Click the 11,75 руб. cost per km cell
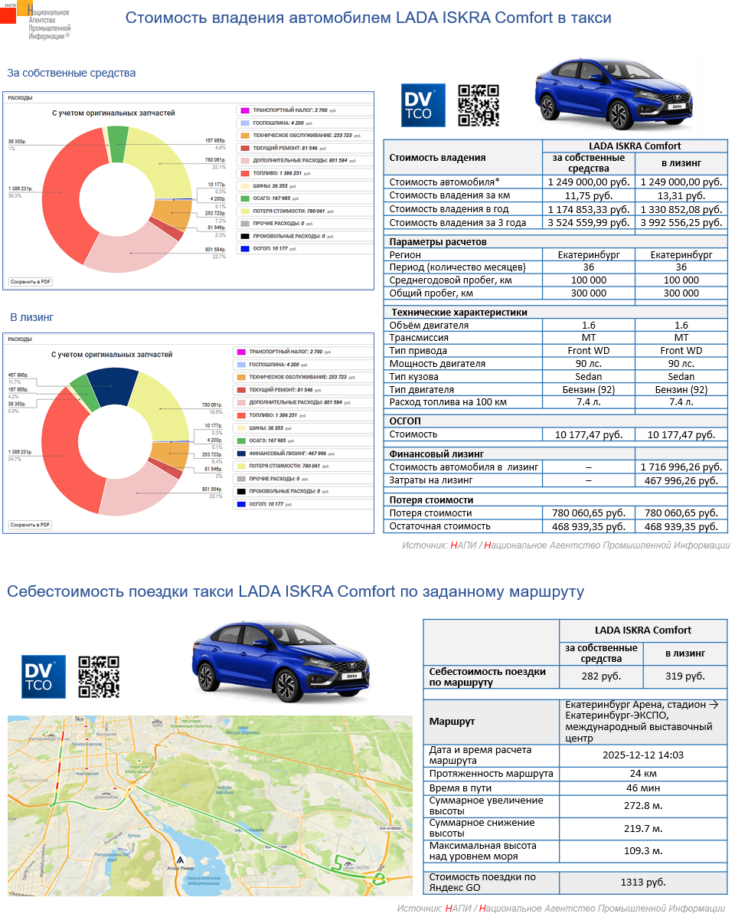pyautogui.click(x=588, y=195)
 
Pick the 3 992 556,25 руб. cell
pyautogui.click(x=681, y=222)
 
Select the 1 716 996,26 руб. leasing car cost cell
pyautogui.click(x=681, y=467)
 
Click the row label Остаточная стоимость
pyautogui.click(x=439, y=526)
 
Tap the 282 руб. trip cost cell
pyautogui.click(x=600, y=676)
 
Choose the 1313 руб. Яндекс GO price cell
pyautogui.click(x=643, y=883)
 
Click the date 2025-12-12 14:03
pyautogui.click(x=643, y=755)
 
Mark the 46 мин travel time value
pyautogui.click(x=643, y=788)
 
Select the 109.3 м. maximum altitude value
pyautogui.click(x=643, y=850)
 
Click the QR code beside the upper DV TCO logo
pyautogui.click(x=478, y=105)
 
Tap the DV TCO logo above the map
pyautogui.click(x=43, y=676)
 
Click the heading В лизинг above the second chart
pyautogui.click(x=31, y=316)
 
